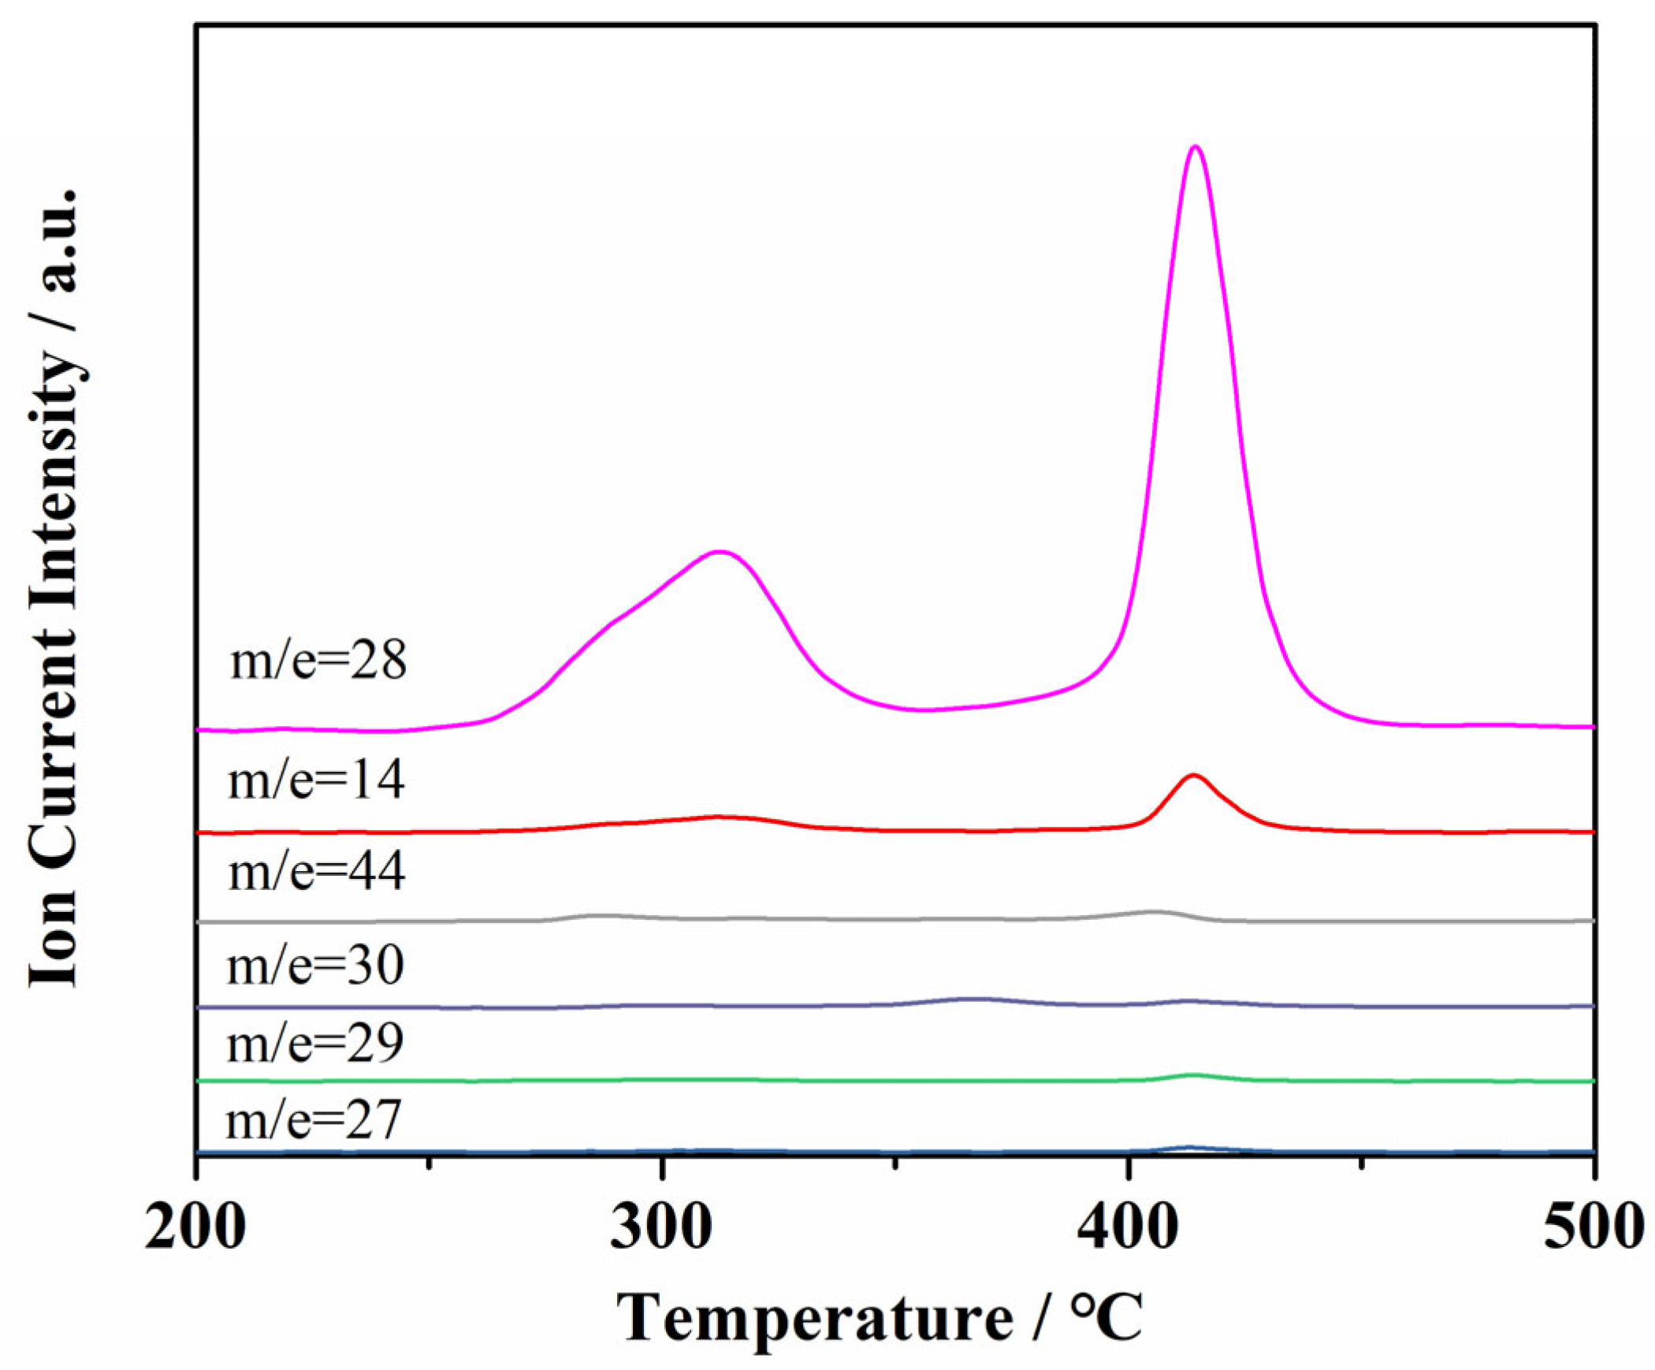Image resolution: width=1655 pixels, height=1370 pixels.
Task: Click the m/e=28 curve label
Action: pyautogui.click(x=318, y=661)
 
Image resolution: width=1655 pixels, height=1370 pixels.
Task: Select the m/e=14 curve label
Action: pyautogui.click(x=316, y=781)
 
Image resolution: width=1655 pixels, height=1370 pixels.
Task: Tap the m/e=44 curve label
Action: pyautogui.click(x=317, y=873)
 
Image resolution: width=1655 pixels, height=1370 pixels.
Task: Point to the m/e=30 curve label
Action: pyautogui.click(x=315, y=966)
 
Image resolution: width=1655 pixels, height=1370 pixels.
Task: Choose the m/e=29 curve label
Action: pyautogui.click(x=315, y=1043)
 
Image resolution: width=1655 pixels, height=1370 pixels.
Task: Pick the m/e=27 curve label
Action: pyautogui.click(x=314, y=1120)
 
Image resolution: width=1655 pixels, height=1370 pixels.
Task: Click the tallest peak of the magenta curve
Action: pyautogui.click(x=1196, y=147)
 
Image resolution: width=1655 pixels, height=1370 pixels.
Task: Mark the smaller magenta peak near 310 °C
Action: pyautogui.click(x=719, y=552)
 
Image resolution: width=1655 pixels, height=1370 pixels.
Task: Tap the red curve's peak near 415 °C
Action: pyautogui.click(x=1193, y=776)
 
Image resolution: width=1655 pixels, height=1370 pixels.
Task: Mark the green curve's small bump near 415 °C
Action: pyautogui.click(x=1193, y=1075)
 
